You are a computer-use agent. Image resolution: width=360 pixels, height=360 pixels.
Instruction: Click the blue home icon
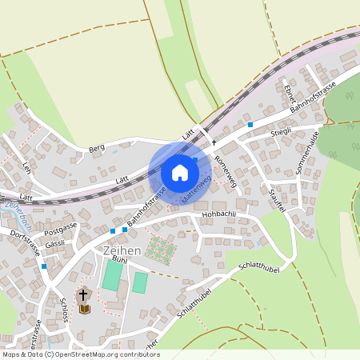[179, 173]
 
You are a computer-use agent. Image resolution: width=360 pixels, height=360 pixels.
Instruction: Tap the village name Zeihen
[122, 250]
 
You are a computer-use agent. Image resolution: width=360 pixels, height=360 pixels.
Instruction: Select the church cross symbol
[83, 294]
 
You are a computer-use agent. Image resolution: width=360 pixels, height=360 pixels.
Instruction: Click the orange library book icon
[84, 308]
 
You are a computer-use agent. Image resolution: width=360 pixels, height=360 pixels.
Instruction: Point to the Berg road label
[97, 149]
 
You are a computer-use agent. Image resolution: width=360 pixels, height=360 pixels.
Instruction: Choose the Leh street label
[26, 169]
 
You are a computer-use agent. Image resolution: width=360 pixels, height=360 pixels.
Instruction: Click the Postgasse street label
[61, 229]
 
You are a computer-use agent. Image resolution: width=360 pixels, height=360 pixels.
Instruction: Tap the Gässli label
[55, 243]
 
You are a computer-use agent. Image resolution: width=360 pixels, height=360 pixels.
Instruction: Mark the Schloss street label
[64, 309]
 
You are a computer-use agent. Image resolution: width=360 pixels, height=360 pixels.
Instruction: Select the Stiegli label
[281, 130]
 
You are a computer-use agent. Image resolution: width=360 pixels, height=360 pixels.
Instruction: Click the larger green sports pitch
[113, 276]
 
